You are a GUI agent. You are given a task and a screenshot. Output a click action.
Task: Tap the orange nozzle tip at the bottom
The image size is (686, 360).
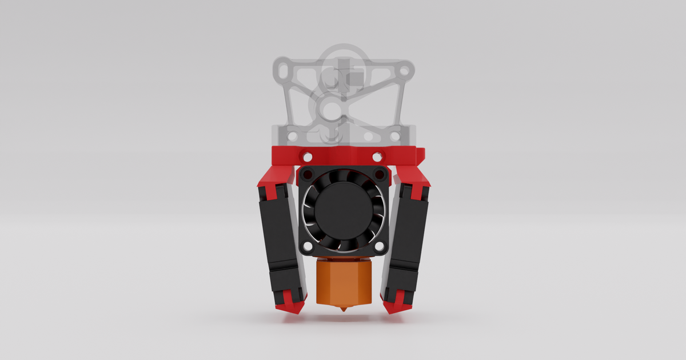[x=343, y=309]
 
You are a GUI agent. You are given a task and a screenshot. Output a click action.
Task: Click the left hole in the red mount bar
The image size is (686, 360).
[x=308, y=156]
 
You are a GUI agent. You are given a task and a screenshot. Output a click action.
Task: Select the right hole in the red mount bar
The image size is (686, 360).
[x=377, y=156]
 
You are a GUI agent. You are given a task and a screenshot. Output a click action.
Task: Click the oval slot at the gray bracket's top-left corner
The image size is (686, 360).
[x=281, y=71]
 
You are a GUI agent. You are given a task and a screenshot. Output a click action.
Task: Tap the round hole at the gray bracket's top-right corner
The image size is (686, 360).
[x=404, y=72]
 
